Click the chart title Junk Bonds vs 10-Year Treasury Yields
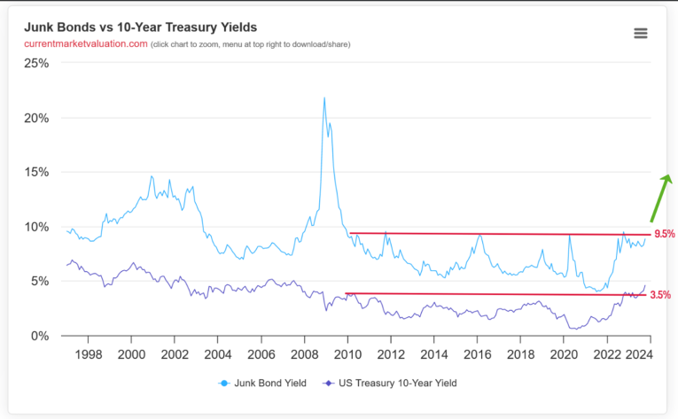click(x=140, y=27)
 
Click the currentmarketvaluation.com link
click(x=85, y=44)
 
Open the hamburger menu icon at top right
click(x=641, y=33)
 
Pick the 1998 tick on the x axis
click(x=88, y=354)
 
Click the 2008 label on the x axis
click(x=304, y=354)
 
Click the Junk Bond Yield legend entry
click(x=265, y=383)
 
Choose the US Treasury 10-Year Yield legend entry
click(x=394, y=383)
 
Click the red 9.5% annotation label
click(x=664, y=235)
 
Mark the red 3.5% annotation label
click(x=660, y=295)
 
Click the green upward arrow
click(x=659, y=197)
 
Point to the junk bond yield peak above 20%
click(x=323, y=98)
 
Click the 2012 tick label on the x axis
click(x=390, y=354)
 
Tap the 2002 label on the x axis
click(x=174, y=354)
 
